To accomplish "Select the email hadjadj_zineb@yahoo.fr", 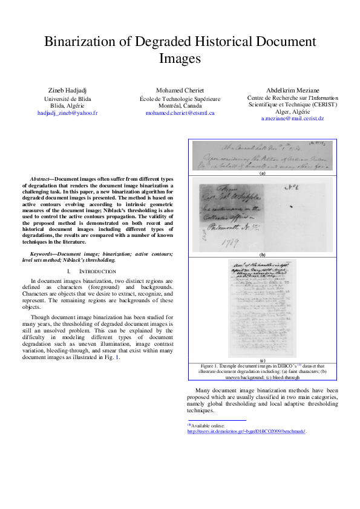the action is tap(68, 113).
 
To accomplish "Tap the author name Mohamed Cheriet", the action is tap(180, 90).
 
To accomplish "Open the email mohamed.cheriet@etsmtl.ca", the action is tap(180, 113).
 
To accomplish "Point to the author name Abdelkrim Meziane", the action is tap(293, 90).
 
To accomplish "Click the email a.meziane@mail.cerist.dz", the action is tap(293, 119).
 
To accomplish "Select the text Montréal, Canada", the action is tap(180, 105).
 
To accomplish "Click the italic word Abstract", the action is tap(41, 180).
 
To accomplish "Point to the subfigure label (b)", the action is tap(263, 255).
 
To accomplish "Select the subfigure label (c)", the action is tap(263, 360).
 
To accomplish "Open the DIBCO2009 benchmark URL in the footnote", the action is tap(246, 432).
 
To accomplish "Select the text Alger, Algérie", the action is tap(293, 112).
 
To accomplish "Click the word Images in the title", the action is tap(180, 59).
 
